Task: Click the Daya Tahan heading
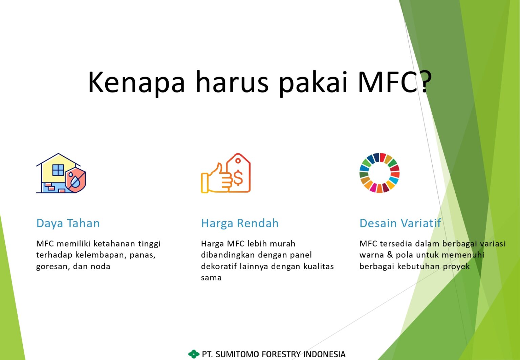68,223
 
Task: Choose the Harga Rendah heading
240,223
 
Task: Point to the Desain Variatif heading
400,223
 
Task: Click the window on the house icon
58,170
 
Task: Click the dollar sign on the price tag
238,178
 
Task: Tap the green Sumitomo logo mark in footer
194,354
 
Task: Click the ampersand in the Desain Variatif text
390,255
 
